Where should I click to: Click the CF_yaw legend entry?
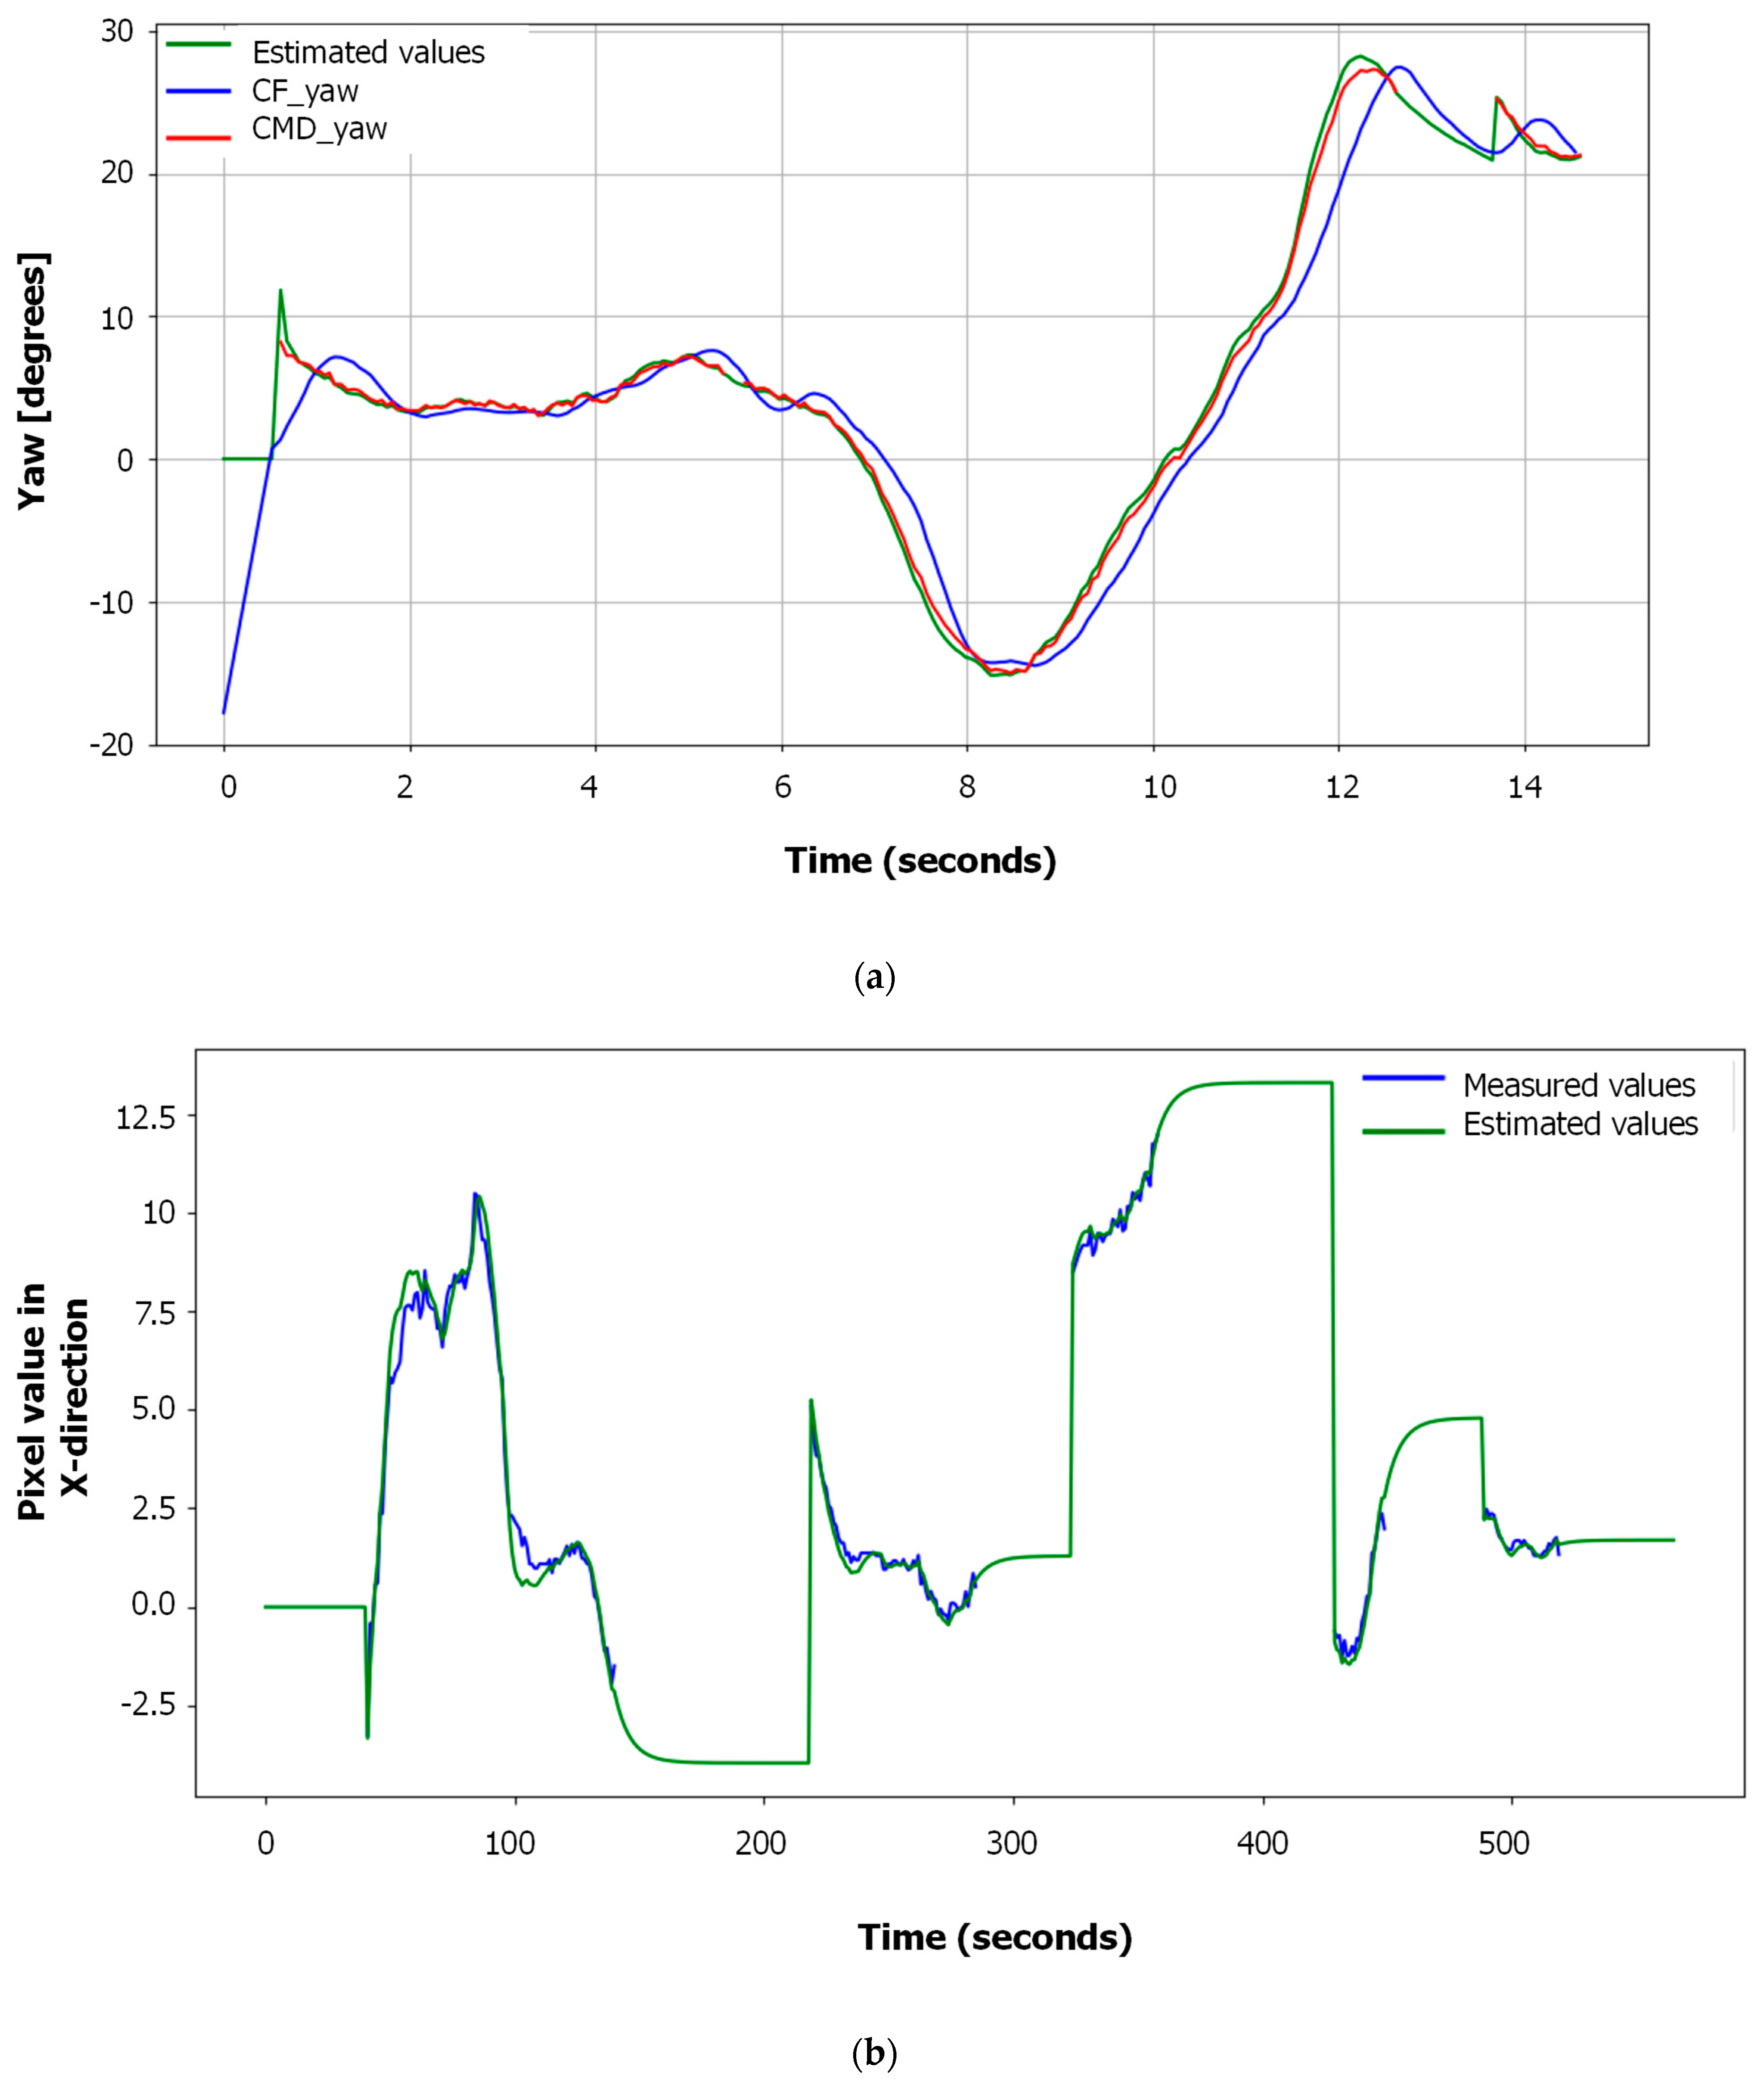point(305,92)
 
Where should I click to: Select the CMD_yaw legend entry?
point(318,130)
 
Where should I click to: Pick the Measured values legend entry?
point(1578,1085)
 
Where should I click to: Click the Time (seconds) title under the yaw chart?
point(920,861)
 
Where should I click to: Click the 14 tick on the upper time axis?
point(1524,788)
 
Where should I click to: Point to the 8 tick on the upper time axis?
point(967,788)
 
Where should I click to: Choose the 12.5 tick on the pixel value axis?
point(145,1117)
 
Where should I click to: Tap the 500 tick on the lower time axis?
point(1503,1844)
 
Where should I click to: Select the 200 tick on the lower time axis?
point(761,1844)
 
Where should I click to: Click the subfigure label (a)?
point(875,977)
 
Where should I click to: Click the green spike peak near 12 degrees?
point(281,290)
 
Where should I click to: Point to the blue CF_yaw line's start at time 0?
point(224,713)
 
